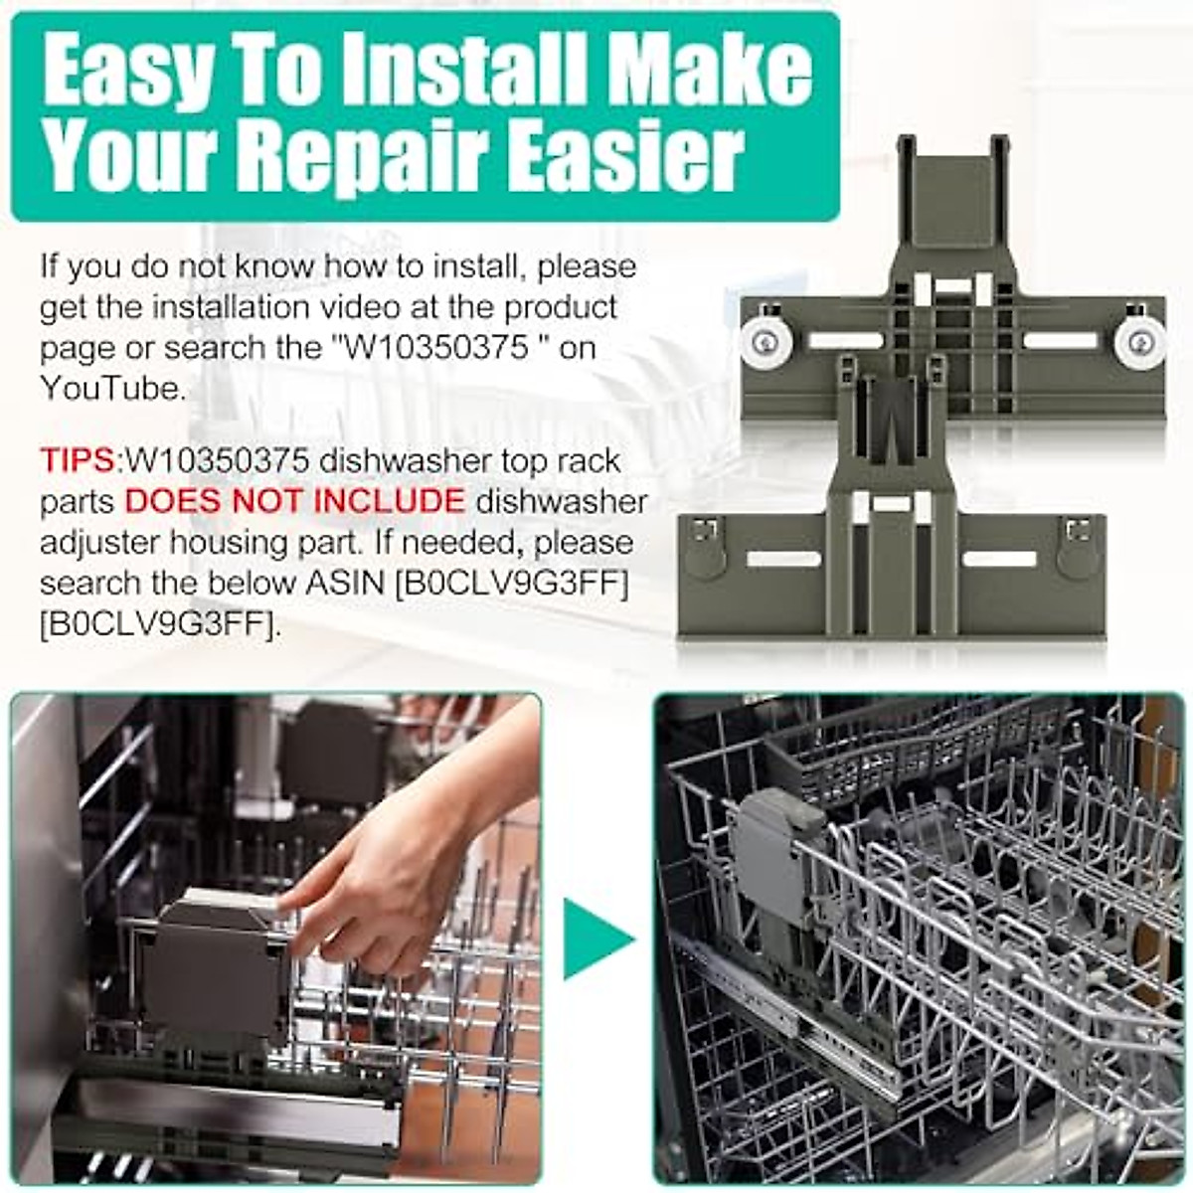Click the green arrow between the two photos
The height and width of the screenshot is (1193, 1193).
(596, 939)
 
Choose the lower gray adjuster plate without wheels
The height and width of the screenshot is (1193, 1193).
(891, 567)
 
